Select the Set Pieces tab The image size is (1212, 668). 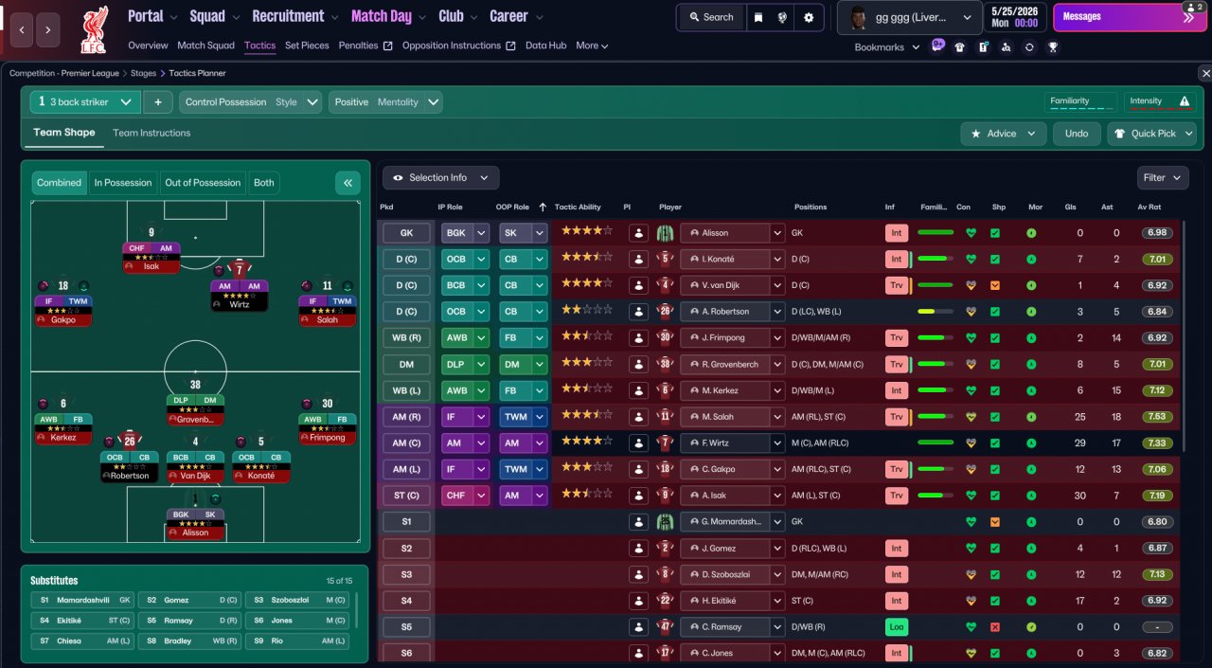coord(307,45)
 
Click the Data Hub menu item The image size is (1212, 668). coord(545,45)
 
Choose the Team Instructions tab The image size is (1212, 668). coord(151,133)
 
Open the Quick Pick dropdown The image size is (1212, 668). coord(1151,134)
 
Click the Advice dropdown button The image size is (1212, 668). coord(1003,134)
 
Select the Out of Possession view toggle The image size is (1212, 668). coord(204,183)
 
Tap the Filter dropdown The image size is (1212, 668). coord(1163,177)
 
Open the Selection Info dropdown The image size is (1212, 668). coord(440,177)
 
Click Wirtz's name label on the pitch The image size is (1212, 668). coord(240,305)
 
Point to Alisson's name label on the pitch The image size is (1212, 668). coord(195,533)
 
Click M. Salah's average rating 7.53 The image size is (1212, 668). coord(1155,417)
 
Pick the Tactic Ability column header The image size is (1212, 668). coord(578,208)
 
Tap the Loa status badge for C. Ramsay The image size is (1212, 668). coord(896,627)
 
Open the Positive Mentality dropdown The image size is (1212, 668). coord(385,102)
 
